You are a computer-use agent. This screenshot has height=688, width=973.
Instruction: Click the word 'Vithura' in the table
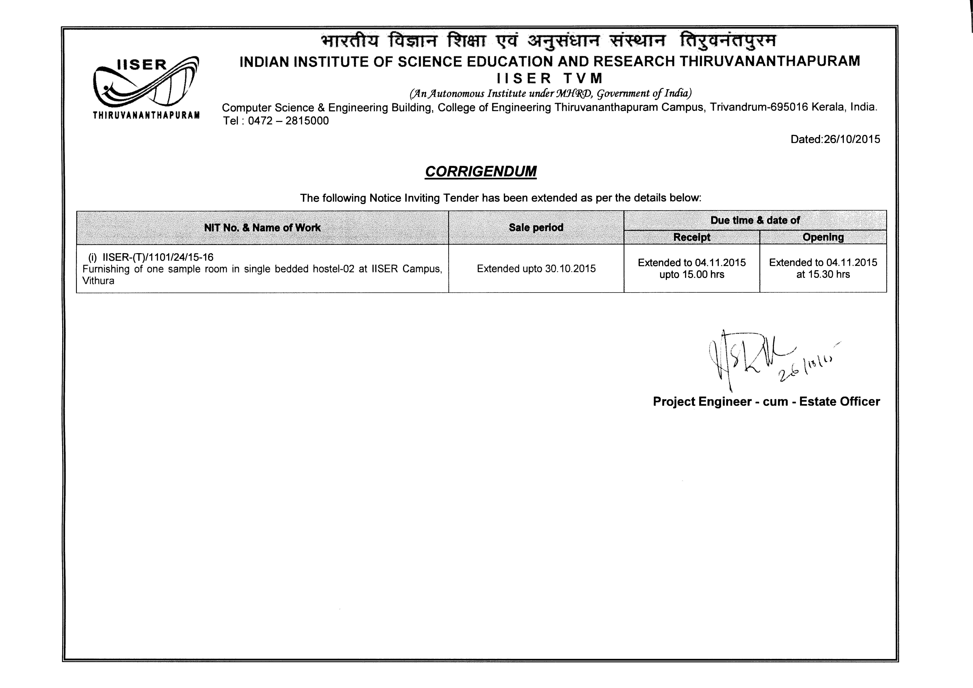pos(98,281)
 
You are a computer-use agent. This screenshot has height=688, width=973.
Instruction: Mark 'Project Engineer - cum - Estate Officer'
pos(766,401)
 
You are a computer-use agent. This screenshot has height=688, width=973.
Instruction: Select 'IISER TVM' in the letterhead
pos(550,78)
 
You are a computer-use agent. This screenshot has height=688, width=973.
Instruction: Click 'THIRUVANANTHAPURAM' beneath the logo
pos(146,115)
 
